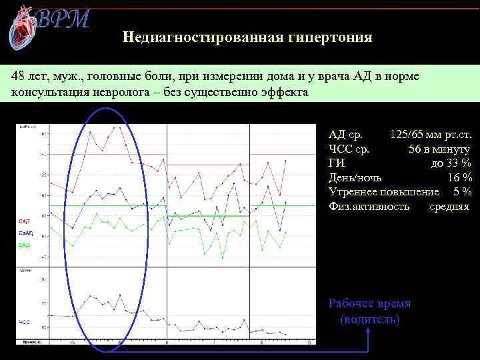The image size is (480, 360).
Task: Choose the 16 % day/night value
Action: click(x=460, y=177)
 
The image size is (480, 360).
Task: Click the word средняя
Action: click(x=449, y=206)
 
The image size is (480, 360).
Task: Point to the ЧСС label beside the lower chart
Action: click(x=24, y=322)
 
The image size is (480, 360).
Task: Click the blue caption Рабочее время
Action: click(x=370, y=303)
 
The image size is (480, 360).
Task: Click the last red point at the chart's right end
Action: click(x=287, y=161)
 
